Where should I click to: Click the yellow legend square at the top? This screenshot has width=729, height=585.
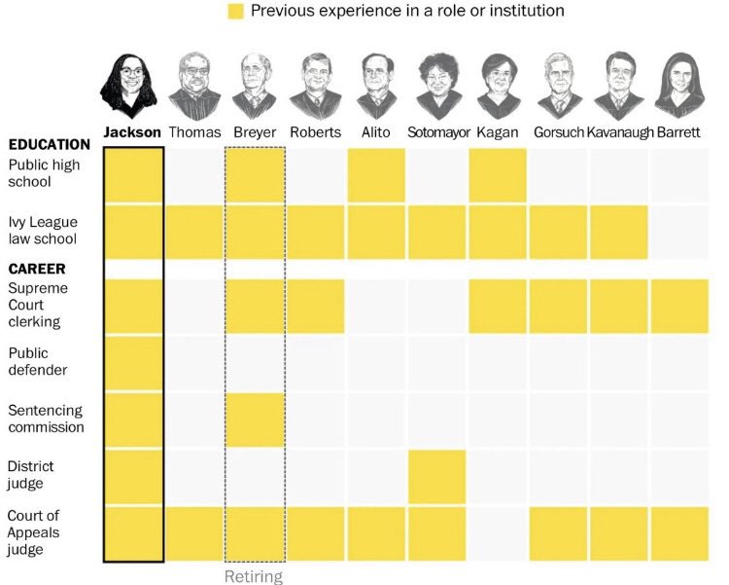pyautogui.click(x=234, y=12)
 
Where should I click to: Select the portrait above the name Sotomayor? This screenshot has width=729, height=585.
pyautogui.click(x=435, y=86)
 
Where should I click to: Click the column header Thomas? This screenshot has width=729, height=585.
pyautogui.click(x=194, y=132)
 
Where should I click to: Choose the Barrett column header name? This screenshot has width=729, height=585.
pyautogui.click(x=678, y=132)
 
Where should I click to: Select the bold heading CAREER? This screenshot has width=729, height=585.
pyautogui.click(x=37, y=268)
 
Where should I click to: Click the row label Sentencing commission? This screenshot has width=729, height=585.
pyautogui.click(x=46, y=419)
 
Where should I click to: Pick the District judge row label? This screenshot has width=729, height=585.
pyautogui.click(x=35, y=475)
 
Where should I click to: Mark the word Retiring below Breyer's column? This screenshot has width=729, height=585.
pyautogui.click(x=254, y=576)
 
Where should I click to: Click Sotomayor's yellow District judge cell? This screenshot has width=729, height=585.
pyautogui.click(x=436, y=476)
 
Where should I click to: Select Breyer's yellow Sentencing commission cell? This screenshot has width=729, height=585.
pyautogui.click(x=255, y=420)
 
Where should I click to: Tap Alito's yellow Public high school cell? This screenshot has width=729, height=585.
pyautogui.click(x=376, y=175)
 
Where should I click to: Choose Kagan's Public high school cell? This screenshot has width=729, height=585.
pyautogui.click(x=498, y=175)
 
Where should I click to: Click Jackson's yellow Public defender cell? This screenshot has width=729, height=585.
pyautogui.click(x=133, y=363)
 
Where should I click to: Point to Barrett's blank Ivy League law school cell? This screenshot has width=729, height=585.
pyautogui.click(x=679, y=233)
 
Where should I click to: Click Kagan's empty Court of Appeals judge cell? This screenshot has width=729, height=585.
pyautogui.click(x=498, y=533)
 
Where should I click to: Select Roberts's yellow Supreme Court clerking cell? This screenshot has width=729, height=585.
pyautogui.click(x=316, y=306)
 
